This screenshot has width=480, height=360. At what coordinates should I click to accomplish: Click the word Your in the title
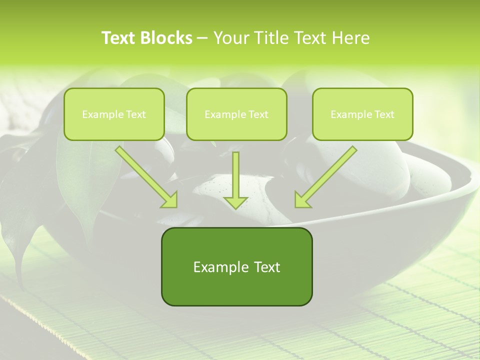click(229, 38)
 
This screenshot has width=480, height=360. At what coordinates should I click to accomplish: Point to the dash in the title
click(202, 38)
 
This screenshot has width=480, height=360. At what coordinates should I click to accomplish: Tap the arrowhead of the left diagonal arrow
click(170, 200)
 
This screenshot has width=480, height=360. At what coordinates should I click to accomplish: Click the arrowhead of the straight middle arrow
click(235, 202)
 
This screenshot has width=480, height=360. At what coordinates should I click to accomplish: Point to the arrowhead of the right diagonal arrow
click(301, 200)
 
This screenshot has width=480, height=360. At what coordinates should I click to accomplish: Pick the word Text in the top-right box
click(384, 114)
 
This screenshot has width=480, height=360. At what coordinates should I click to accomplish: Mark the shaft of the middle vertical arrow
click(235, 172)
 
